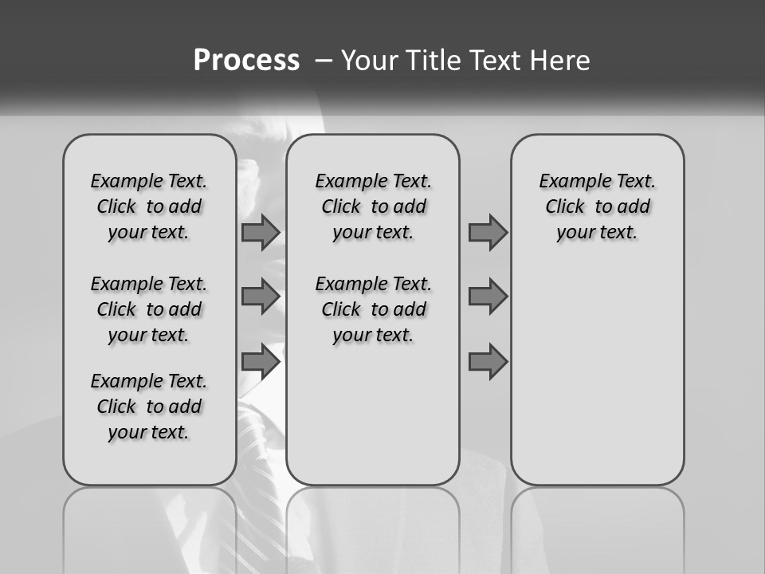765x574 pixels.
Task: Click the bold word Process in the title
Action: click(x=246, y=61)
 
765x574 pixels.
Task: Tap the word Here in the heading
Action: click(x=559, y=61)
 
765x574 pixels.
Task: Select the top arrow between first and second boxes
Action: click(x=260, y=232)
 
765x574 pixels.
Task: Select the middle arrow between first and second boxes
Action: click(x=260, y=297)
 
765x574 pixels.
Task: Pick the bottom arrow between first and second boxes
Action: click(x=260, y=362)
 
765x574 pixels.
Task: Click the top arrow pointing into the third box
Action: click(x=488, y=232)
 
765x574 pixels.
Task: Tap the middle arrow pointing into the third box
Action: click(x=488, y=297)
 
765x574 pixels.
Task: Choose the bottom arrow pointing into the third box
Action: click(x=488, y=362)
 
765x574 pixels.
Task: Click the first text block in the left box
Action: click(x=149, y=206)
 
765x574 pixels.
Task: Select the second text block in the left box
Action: click(x=149, y=309)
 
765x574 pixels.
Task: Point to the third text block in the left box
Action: click(x=149, y=407)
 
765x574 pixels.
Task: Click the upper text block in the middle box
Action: click(x=373, y=206)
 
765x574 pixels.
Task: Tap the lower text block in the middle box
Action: click(x=373, y=309)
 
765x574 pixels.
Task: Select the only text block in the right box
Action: click(x=597, y=206)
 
